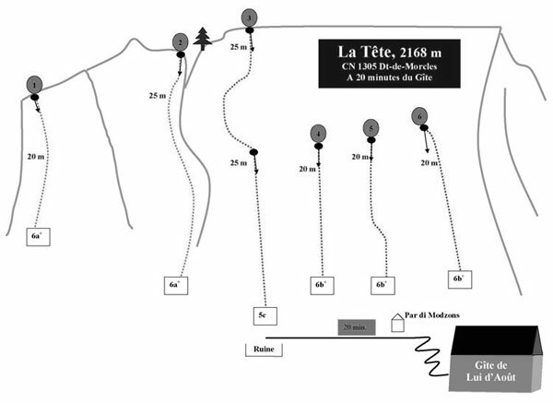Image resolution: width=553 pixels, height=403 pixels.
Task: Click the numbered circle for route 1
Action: tap(34, 84)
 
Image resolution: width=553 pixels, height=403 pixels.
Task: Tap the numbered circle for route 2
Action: tap(180, 41)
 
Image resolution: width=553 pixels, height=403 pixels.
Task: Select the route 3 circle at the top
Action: tap(250, 18)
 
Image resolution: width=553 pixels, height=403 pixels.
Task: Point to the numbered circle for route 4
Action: tap(318, 134)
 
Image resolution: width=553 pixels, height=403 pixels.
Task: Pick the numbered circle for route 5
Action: tap(371, 127)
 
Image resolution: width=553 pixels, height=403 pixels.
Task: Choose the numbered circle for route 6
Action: tap(420, 116)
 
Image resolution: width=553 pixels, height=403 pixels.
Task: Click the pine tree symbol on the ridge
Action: tap(204, 38)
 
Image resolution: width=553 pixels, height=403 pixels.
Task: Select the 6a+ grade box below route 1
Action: tap(37, 237)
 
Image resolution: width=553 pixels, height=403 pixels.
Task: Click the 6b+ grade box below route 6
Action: tap(458, 277)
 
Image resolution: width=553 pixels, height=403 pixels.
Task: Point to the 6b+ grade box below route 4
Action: tap(321, 285)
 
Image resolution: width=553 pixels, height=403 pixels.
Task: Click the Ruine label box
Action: tap(263, 349)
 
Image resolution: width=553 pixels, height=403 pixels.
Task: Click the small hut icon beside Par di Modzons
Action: tap(399, 323)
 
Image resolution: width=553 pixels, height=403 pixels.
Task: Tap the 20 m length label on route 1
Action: tap(36, 157)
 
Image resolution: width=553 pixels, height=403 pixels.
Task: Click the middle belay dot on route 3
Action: tap(253, 151)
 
